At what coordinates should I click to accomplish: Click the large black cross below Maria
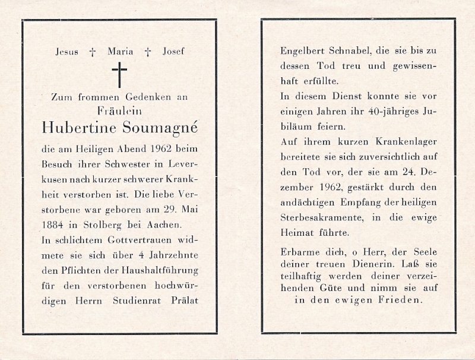(119, 75)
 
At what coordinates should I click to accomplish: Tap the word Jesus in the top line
(66, 52)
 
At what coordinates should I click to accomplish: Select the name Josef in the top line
(173, 52)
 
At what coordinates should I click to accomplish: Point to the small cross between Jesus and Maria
(92, 52)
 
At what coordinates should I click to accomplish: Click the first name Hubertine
(77, 127)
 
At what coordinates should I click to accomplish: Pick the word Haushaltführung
(163, 270)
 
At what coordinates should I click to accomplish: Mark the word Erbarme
(297, 252)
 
